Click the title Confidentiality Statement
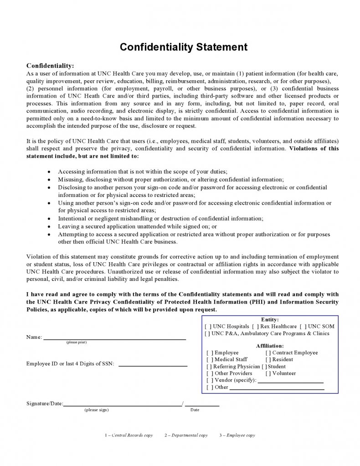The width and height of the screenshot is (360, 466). coord(184,47)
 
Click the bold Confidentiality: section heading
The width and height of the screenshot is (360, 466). coord(50,66)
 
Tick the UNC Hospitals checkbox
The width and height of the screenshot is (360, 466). coord(208,326)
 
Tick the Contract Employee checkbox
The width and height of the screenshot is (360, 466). coord(268,353)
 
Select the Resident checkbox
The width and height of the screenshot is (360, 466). coord(268,360)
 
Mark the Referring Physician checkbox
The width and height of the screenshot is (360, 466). coord(210,367)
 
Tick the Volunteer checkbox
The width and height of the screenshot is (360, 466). coord(268,373)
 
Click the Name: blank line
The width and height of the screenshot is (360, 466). coord(114,338)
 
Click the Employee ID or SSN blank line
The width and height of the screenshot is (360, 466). coord(153,365)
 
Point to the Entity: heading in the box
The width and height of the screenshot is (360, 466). coord(270,320)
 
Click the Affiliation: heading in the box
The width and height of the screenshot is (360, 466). coord(270,346)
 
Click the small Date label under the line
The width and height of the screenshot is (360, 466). coord(195,410)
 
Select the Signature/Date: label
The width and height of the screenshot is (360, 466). coord(45,404)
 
